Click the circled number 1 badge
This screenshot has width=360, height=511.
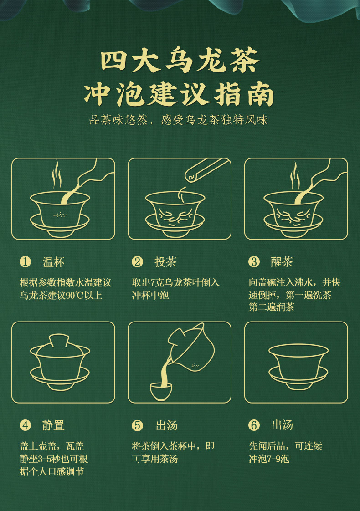pos(25,262)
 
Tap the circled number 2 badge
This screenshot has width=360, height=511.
pos(137,262)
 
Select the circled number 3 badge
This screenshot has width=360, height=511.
pos(254,262)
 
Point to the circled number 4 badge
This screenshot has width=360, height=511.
pos(25,425)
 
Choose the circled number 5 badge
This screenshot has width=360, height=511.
pos(137,425)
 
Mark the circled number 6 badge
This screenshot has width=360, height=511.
pos(254,425)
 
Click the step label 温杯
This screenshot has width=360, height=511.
pos(53,262)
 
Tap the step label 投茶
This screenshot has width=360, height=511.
pos(165,262)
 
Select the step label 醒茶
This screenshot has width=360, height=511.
pos(282,262)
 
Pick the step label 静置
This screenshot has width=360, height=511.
pos(53,426)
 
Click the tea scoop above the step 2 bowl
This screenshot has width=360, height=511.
pos(207,169)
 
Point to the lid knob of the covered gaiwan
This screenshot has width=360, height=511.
pos(59,340)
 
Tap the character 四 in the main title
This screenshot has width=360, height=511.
pos(113,61)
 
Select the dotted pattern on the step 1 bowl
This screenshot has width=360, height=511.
pos(60,215)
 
